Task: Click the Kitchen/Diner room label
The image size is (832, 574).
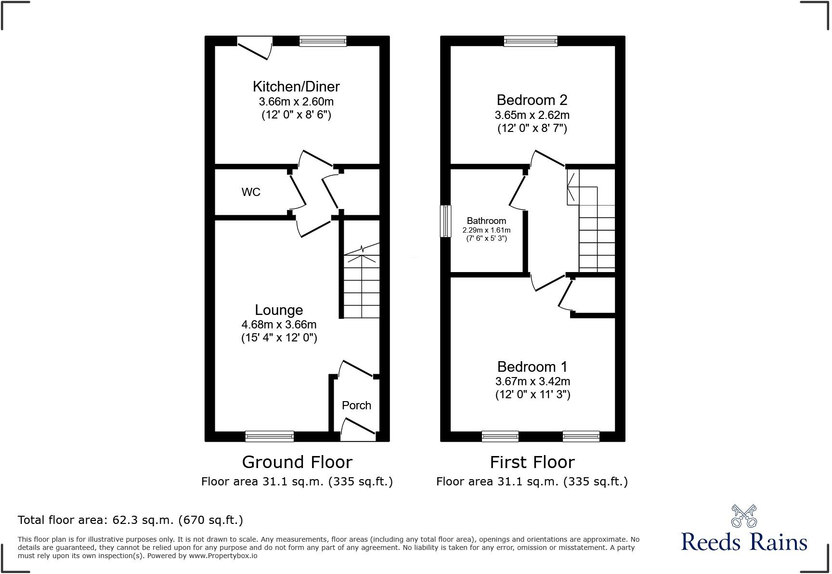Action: coord(296,87)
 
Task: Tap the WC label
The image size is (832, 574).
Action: coord(251,192)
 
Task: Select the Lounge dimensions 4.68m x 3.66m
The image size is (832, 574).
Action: coord(279,325)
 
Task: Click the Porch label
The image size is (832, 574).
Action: coord(356,405)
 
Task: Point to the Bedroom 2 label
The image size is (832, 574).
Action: coord(532,100)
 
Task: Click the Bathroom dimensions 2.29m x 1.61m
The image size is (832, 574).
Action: coord(486,230)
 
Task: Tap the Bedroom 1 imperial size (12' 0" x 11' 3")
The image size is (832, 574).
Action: coord(533,395)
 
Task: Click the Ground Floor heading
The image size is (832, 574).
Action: coord(297,462)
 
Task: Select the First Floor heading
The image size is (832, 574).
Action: coord(532,462)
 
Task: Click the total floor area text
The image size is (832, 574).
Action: coord(130,520)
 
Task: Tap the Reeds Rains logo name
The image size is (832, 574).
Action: coord(744,542)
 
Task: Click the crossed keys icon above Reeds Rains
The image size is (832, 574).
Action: coord(744,516)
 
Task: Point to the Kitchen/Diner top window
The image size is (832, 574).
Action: coord(323,41)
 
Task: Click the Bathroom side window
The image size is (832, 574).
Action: coord(446,221)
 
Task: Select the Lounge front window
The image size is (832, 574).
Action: coord(269,436)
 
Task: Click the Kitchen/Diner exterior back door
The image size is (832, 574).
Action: coord(254,49)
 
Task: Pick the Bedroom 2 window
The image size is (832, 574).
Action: coord(531,41)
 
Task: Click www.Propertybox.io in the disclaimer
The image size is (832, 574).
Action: coord(223,556)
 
